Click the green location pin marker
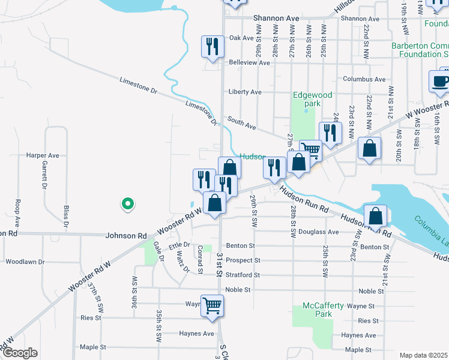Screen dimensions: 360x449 point(127,205)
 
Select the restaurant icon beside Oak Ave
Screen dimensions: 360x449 point(212,46)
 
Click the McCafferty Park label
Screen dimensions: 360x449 point(324,310)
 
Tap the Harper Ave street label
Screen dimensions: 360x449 point(42,155)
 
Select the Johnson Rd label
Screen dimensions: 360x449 point(126,236)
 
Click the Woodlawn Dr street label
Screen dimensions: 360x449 point(25,262)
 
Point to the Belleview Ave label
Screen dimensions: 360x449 point(249,62)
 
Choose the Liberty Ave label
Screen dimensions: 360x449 point(245,92)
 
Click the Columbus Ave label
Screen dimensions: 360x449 point(364,79)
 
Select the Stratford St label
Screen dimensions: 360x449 point(243,275)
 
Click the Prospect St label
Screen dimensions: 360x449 point(243,260)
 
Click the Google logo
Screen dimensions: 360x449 point(19,353)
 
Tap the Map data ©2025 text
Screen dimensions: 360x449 point(423,355)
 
